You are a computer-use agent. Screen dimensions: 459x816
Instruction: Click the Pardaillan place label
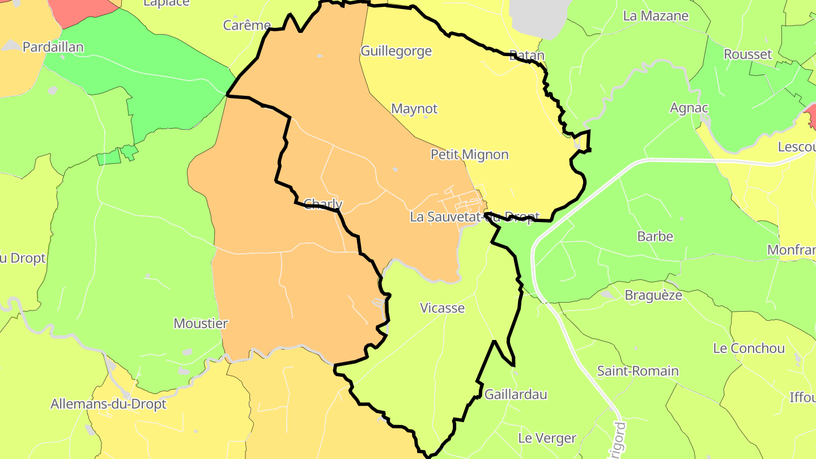pos(53,47)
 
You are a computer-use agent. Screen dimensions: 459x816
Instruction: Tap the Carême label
pos(246,25)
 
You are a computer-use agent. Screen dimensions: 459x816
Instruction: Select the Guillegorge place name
pos(396,52)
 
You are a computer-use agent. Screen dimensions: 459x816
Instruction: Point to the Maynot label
pos(414,109)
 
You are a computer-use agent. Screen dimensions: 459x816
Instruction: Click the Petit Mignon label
pos(469,155)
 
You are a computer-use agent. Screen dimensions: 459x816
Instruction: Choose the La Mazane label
pos(656,16)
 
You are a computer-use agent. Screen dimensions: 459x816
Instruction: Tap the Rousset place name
pos(748,54)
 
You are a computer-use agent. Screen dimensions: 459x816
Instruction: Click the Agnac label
pos(689,108)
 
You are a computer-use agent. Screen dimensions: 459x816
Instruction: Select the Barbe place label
pos(655,236)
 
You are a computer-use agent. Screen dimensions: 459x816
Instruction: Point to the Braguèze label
pos(653,295)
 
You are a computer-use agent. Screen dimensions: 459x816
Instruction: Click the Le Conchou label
pos(749,348)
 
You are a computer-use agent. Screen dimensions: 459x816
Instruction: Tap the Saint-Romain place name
pos(637,372)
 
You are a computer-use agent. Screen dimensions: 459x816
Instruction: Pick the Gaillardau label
pos(516,394)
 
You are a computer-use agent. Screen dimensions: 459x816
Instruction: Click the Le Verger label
pos(547,438)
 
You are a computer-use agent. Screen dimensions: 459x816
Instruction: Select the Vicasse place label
pos(442,308)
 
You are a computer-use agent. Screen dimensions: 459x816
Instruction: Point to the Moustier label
pos(201,324)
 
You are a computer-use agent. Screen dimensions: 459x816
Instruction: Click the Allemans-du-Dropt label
pos(108,405)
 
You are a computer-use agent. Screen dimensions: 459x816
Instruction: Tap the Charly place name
pos(323,204)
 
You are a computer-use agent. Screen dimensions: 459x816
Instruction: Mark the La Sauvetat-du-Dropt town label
pos(474,217)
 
